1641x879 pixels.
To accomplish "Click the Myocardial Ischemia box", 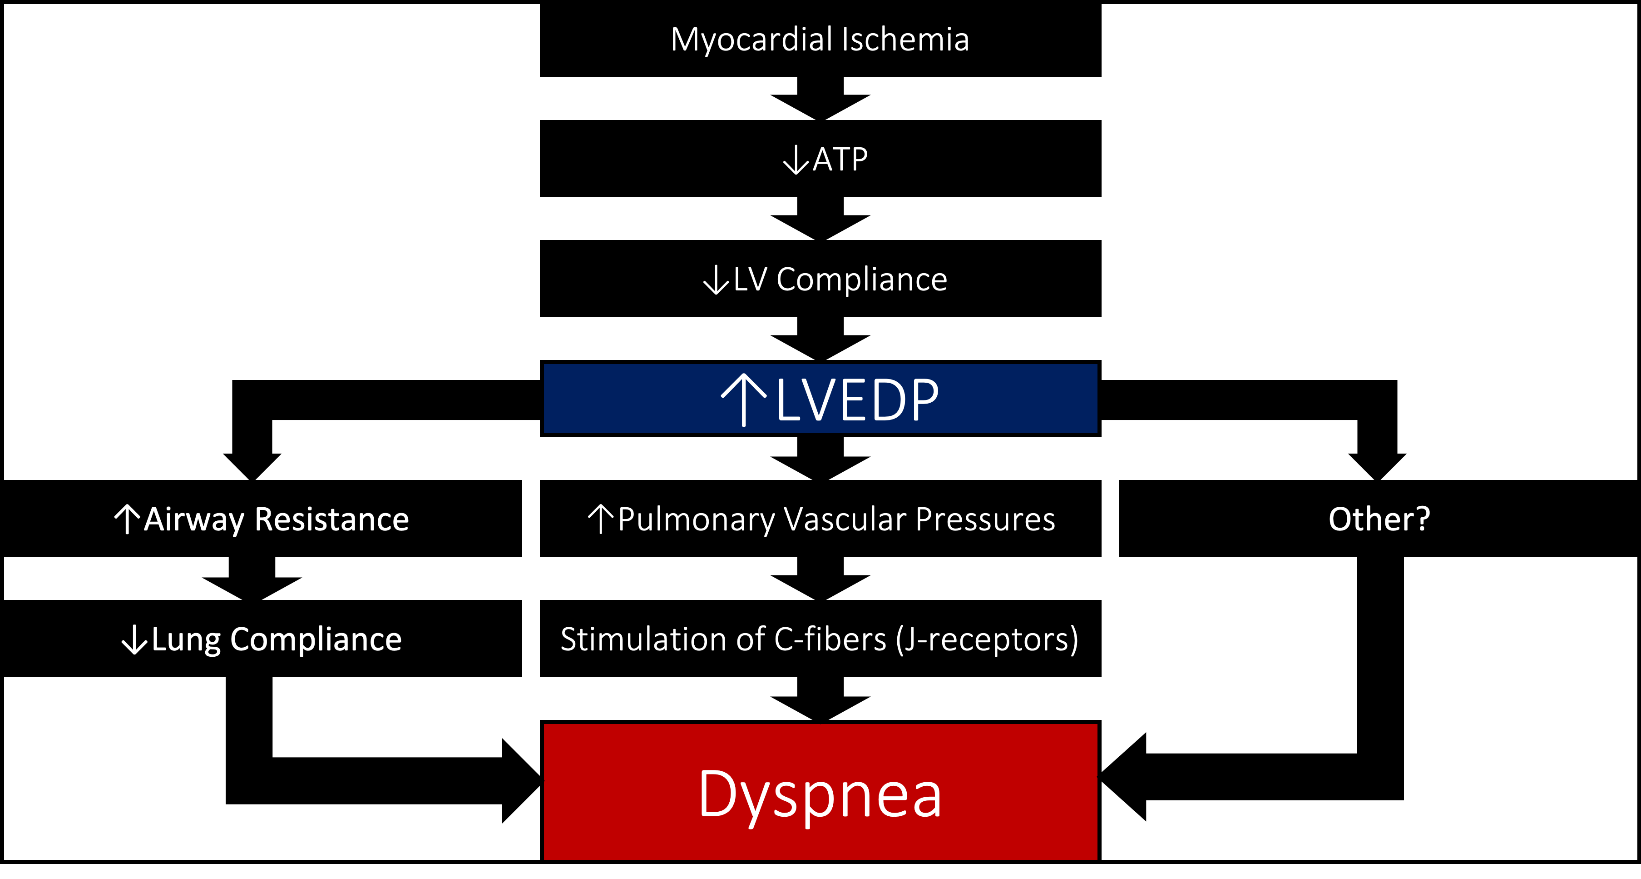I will tap(820, 40).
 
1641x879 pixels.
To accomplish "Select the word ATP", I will tap(840, 160).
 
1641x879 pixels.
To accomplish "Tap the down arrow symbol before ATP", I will tap(795, 160).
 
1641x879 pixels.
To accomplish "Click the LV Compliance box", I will tap(820, 279).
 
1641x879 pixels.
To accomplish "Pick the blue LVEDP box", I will tap(820, 399).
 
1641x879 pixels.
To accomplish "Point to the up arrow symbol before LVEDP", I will tap(743, 399).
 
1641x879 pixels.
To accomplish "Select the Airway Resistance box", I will tap(261, 519).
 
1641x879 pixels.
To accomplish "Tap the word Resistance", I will tap(331, 519).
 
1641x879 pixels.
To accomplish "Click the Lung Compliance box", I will tap(261, 639).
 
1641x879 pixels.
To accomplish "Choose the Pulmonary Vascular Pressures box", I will tap(820, 519).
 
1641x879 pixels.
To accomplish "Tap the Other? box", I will tap(1379, 519).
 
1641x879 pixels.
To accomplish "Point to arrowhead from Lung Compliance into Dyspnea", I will tap(519, 781).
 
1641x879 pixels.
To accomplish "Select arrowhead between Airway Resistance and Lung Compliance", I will tap(252, 587).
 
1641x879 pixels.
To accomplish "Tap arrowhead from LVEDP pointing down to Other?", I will tap(1377, 465).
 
